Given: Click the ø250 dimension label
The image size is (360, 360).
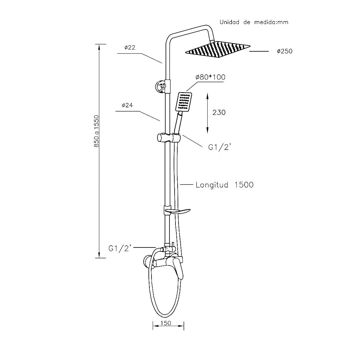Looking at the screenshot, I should point(284,52).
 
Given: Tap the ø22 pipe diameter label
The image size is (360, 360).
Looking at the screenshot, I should point(129,48).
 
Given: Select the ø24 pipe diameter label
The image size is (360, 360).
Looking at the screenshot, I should point(127,105).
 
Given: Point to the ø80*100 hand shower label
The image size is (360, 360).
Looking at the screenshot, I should point(210,77).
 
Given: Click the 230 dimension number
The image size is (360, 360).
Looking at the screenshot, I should point(219,112).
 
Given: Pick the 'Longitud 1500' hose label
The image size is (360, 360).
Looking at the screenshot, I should point(224,185).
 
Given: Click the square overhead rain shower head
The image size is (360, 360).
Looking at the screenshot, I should point(218,50).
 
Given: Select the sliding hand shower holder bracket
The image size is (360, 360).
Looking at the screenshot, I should point(169,138).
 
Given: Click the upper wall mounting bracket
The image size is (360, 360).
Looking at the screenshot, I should point(161,86).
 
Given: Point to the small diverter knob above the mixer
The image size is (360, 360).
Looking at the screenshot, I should point(173,244).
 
